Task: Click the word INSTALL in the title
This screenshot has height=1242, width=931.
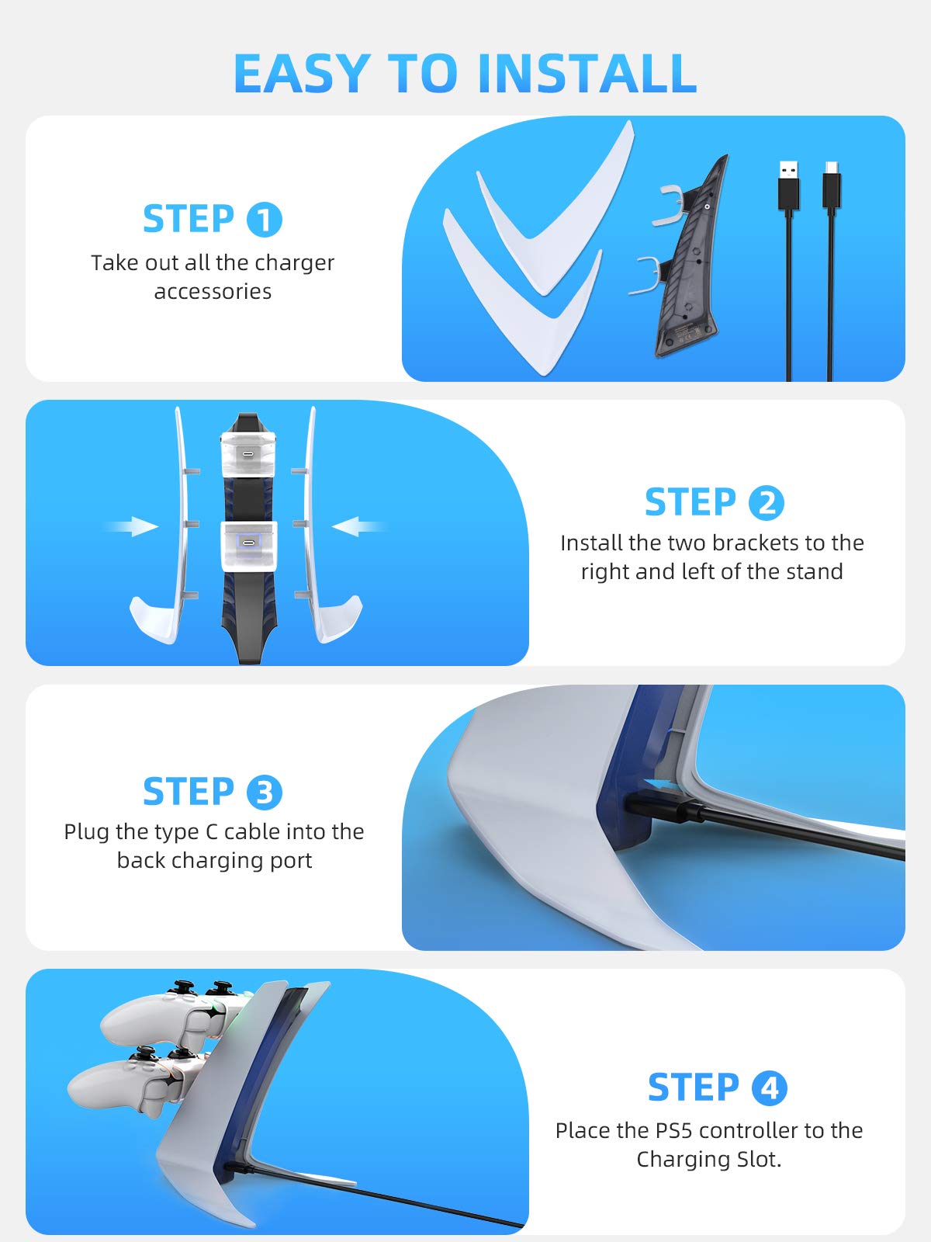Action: point(587,73)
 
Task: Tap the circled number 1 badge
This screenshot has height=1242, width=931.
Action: point(264,219)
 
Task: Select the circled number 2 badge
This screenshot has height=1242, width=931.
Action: point(766,502)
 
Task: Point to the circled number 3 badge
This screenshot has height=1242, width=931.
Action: point(264,793)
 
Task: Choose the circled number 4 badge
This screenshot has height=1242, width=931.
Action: point(769,1088)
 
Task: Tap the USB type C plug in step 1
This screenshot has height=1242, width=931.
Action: point(831,187)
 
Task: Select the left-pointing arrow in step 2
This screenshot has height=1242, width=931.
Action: point(358,526)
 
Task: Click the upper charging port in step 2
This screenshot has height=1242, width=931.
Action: point(247,454)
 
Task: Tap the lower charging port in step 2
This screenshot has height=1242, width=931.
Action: point(247,543)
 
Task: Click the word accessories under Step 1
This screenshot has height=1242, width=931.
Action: point(213,292)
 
